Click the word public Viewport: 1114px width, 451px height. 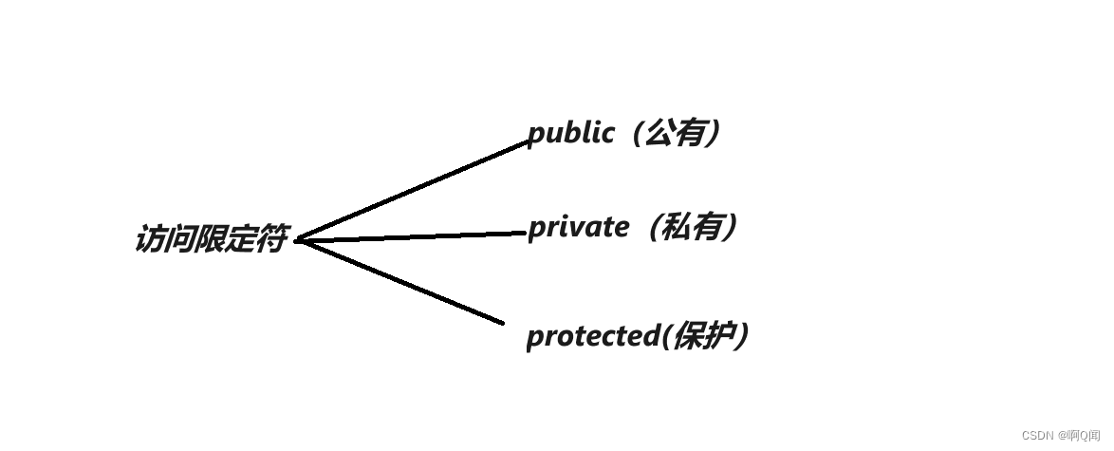[x=570, y=133]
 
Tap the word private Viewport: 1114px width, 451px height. [x=578, y=228]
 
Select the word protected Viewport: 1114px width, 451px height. [x=592, y=336]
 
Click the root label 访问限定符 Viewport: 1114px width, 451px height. [x=210, y=239]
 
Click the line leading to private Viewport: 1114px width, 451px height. [x=413, y=236]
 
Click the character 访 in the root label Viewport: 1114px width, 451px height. [x=150, y=239]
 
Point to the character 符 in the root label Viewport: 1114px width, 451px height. [x=270, y=239]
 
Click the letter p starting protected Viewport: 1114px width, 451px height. [x=534, y=338]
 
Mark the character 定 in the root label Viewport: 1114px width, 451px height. [x=240, y=239]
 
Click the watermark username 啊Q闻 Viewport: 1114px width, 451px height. [x=1084, y=435]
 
